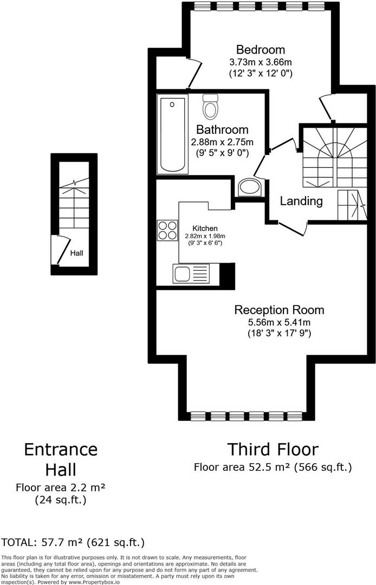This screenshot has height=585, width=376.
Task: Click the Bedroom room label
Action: coord(261,50)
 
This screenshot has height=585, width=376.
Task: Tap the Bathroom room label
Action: coord(222,130)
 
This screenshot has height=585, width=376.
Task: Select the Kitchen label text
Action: coord(205,229)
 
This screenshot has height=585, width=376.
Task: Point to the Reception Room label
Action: coord(279,310)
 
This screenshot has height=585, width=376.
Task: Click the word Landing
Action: coord(301,201)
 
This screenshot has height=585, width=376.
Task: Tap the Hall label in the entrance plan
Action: coord(77,253)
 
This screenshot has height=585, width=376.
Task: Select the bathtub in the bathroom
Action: coord(172,134)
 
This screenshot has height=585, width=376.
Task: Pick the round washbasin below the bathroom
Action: coord(250,187)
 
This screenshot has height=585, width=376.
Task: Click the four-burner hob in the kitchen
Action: coord(167,230)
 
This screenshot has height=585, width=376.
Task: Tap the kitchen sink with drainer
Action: coord(191,274)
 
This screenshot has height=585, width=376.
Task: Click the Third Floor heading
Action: coord(273,449)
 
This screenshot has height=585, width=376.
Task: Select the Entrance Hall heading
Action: coord(61,459)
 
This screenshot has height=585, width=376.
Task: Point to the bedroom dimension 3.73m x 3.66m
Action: coord(261,62)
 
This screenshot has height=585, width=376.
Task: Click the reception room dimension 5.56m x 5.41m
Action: coord(280,322)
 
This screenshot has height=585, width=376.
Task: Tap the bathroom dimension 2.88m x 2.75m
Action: coord(222,142)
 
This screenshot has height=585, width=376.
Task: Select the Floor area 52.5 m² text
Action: coord(242,467)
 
